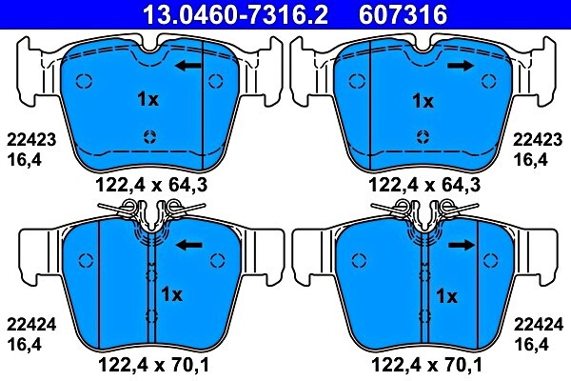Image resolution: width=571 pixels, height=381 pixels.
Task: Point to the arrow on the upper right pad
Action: tap(462, 66)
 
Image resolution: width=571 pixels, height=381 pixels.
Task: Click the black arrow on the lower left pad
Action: tap(190, 245)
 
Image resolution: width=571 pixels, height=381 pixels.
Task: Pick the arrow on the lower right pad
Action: tap(463, 245)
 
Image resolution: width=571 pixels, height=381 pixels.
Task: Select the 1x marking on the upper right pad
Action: tap(423, 99)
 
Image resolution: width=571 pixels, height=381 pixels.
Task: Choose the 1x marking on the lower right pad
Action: tap(446, 294)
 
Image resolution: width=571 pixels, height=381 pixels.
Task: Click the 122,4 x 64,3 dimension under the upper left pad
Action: tap(150, 184)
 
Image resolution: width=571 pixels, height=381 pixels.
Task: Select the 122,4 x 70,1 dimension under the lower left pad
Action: tap(150, 363)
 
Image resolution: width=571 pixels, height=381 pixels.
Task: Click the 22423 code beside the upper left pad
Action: tap(32, 139)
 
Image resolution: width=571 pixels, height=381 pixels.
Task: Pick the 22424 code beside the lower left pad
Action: tap(32, 322)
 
